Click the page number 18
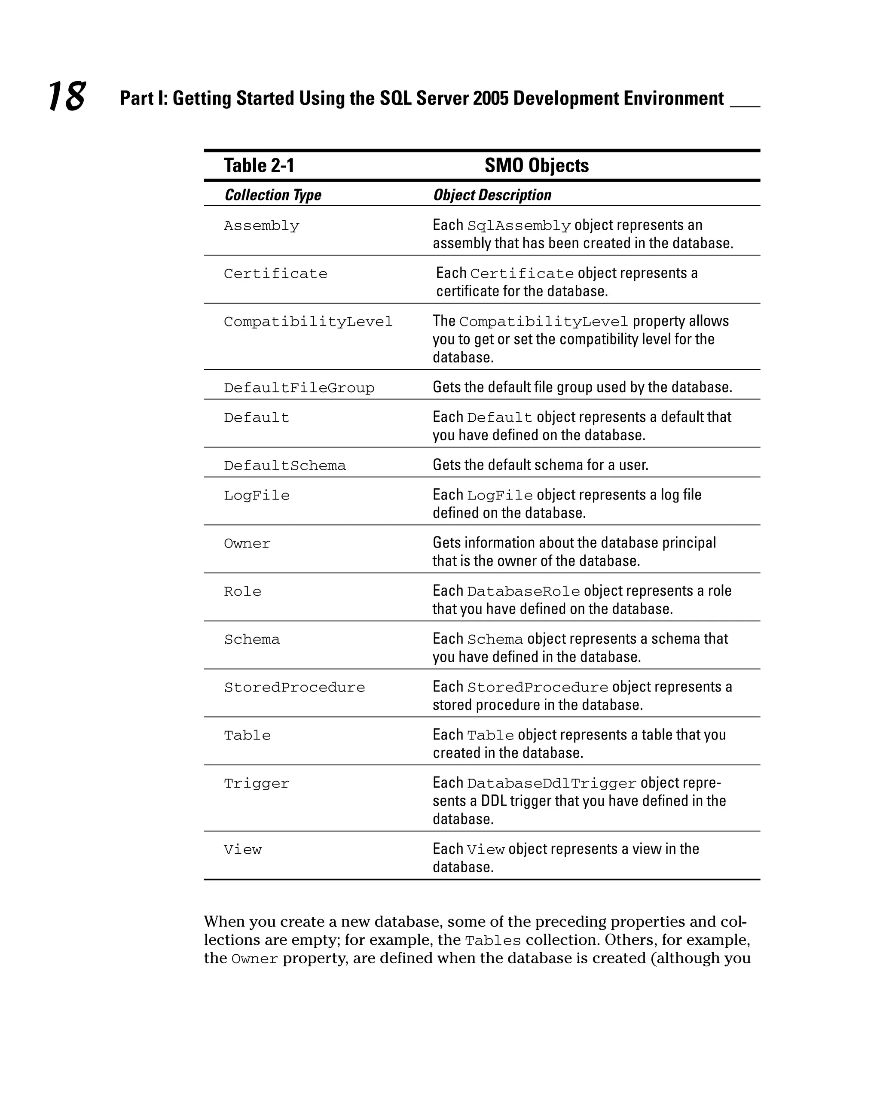tap(67, 96)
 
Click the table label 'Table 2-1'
tap(259, 166)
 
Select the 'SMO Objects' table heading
tap(536, 166)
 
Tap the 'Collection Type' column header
tap(272, 195)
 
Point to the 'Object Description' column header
tap(492, 195)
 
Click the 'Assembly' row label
tap(261, 226)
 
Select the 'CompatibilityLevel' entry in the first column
tap(308, 322)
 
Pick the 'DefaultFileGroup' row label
tap(299, 388)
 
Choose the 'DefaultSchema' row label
tap(284, 466)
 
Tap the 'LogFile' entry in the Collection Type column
tap(256, 495)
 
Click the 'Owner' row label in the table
tap(247, 543)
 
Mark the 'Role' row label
tap(242, 591)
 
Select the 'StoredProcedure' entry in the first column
tap(294, 688)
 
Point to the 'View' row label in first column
tap(242, 850)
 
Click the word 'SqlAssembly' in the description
tap(519, 226)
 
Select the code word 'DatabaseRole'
tap(523, 591)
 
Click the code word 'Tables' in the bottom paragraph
tap(493, 941)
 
